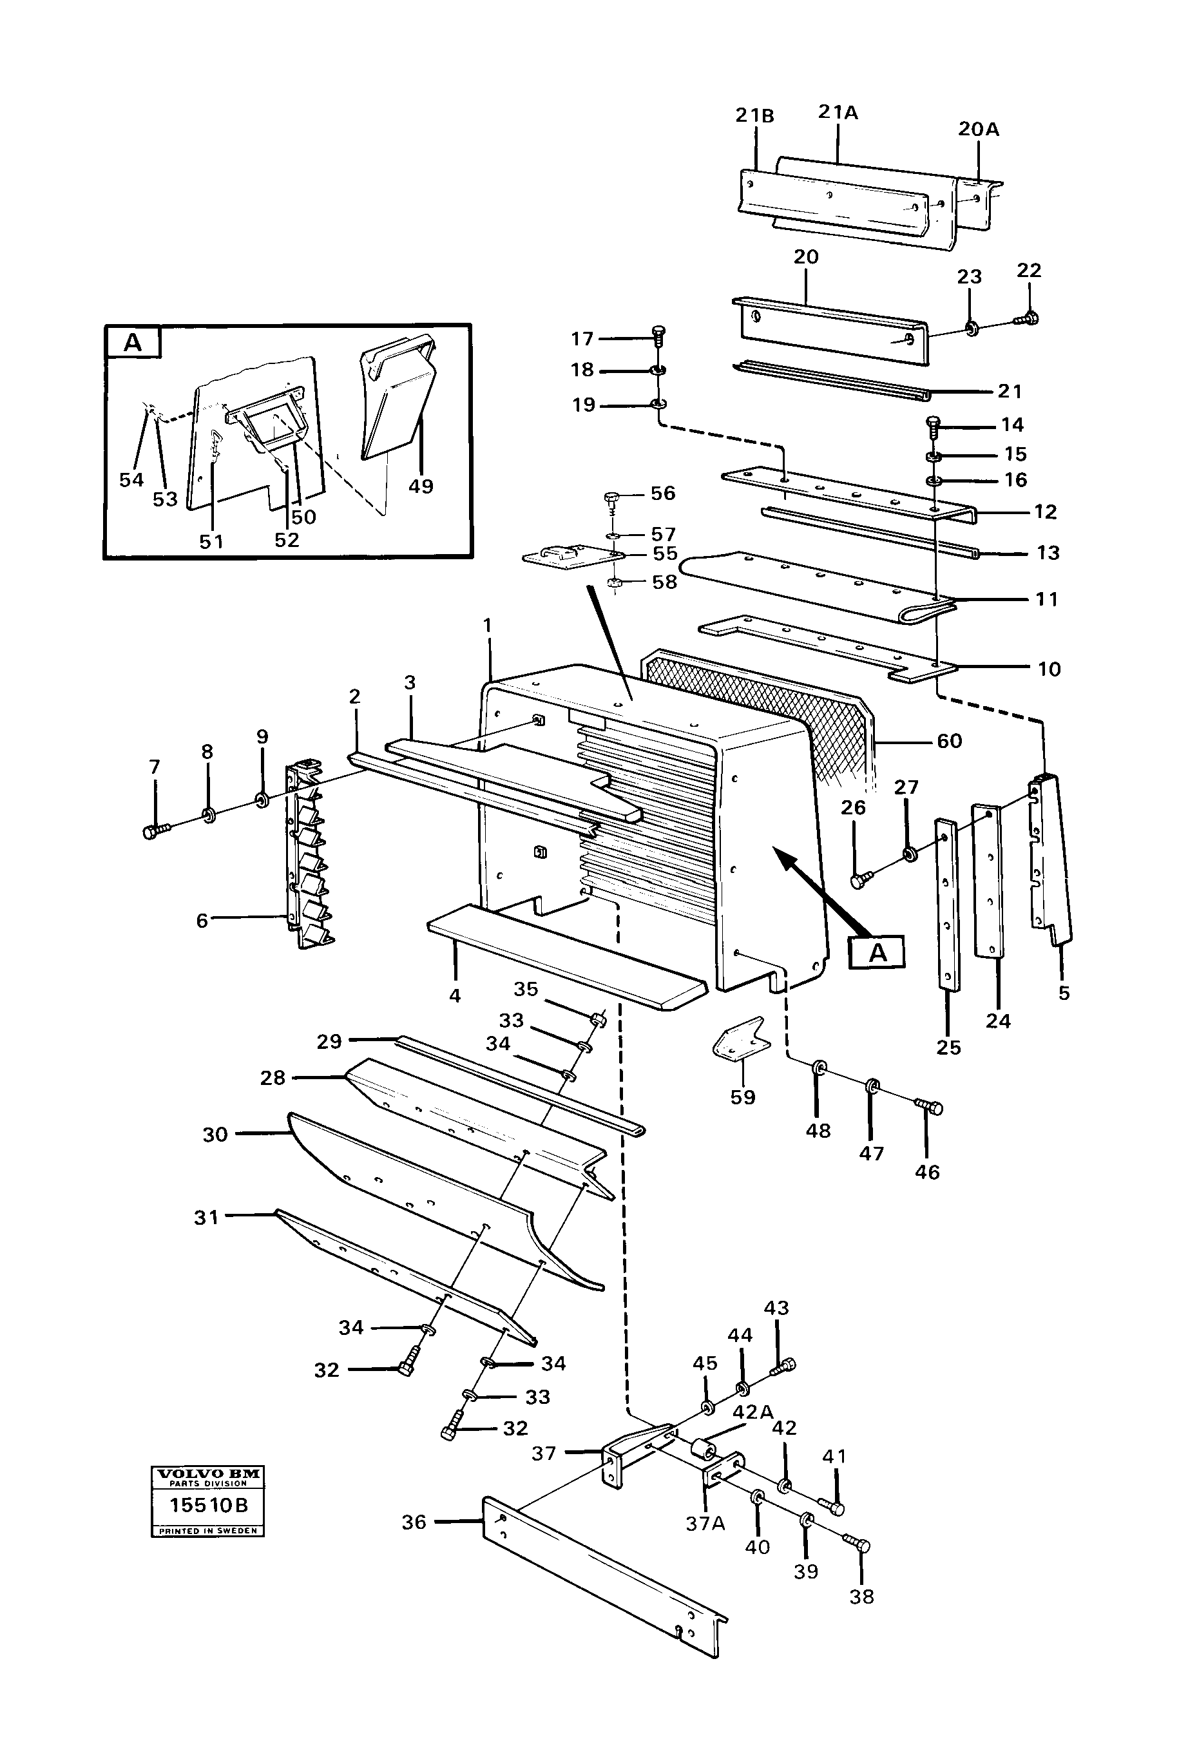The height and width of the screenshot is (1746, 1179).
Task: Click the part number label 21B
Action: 754,116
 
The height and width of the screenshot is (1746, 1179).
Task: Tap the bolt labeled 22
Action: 1026,318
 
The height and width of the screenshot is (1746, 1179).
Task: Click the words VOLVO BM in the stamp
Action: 207,1474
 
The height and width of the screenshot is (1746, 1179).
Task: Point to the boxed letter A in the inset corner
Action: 132,343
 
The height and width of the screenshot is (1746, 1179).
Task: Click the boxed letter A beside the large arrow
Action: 877,953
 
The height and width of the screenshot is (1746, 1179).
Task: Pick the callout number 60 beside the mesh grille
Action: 949,741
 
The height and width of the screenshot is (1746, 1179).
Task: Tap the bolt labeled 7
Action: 154,831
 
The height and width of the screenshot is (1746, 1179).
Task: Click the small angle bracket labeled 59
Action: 740,1041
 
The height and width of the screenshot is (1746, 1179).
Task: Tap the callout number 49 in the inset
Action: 421,486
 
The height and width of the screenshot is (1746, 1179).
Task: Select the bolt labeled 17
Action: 660,334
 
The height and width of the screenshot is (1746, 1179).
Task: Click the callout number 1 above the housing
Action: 488,625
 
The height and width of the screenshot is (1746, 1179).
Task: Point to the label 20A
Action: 979,130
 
